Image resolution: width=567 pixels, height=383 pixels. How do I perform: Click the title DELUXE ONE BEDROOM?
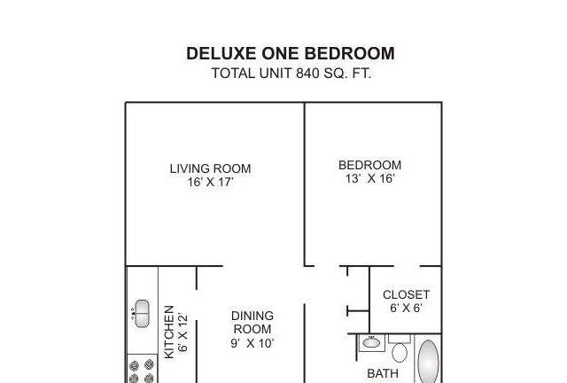pyautogui.click(x=291, y=53)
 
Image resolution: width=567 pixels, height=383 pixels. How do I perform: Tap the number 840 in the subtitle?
pyautogui.click(x=307, y=74)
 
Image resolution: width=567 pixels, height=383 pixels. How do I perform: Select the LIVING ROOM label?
pyautogui.click(x=210, y=168)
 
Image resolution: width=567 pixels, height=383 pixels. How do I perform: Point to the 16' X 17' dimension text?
pyautogui.click(x=210, y=182)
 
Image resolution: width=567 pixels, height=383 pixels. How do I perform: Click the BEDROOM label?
pyautogui.click(x=370, y=165)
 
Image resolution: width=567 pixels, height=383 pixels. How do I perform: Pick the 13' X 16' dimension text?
pyautogui.click(x=370, y=178)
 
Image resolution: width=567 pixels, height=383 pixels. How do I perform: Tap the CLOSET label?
pyautogui.click(x=406, y=294)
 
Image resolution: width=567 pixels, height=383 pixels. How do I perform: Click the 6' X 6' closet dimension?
pyautogui.click(x=406, y=308)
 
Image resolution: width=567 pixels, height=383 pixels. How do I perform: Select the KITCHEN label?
pyautogui.click(x=169, y=332)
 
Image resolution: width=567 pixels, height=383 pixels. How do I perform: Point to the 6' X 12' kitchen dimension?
pyautogui.click(x=183, y=332)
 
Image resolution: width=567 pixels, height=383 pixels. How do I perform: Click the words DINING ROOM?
pyautogui.click(x=252, y=322)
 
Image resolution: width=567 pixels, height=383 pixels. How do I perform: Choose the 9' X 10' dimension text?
pyautogui.click(x=252, y=343)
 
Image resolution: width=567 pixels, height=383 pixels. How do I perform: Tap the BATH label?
pyautogui.click(x=383, y=373)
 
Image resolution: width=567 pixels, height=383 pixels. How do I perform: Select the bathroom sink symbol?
pyautogui.click(x=371, y=342)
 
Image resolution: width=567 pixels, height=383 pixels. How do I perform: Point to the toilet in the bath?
pyautogui.click(x=400, y=348)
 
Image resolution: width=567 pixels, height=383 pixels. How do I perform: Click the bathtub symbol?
pyautogui.click(x=428, y=361)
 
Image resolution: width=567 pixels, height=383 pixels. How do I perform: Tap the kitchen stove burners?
pyautogui.click(x=142, y=371)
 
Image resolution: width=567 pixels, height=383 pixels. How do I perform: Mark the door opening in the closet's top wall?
pyautogui.click(x=407, y=267)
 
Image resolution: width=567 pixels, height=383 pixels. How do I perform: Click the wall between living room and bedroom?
pyautogui.click(x=305, y=184)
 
